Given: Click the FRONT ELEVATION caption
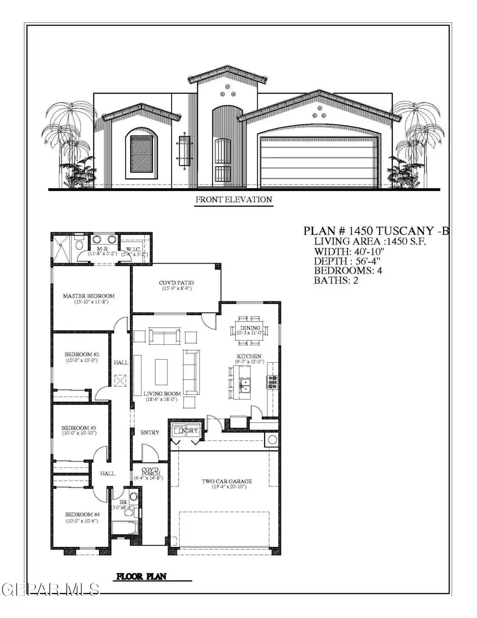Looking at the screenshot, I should pyautogui.click(x=234, y=200).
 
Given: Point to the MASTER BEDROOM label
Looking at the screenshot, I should pyautogui.click(x=89, y=296).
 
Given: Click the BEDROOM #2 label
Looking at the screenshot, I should pyautogui.click(x=79, y=354).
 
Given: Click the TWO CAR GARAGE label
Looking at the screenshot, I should pyautogui.click(x=226, y=482).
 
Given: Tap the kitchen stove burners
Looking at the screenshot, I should pyautogui.click(x=272, y=382).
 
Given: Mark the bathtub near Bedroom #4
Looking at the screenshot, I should pyautogui.click(x=125, y=528).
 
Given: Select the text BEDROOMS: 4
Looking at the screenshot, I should pyautogui.click(x=349, y=271).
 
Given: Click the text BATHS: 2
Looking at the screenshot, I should pyautogui.click(x=337, y=280).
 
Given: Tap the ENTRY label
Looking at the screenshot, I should pyautogui.click(x=150, y=432).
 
